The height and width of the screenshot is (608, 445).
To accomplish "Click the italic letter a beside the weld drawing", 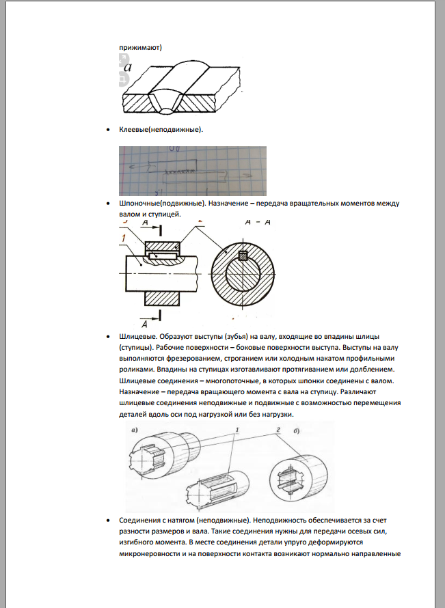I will pos(127,66).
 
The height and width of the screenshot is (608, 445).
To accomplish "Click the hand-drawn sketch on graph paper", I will pos(193,171).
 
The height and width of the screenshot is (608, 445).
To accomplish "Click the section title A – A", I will pos(256,223).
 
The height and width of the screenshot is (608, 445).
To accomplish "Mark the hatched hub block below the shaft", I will pos(163,298).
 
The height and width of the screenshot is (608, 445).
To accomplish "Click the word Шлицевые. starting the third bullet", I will pos(139,337).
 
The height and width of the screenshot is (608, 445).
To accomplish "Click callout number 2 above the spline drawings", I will pos(278,429).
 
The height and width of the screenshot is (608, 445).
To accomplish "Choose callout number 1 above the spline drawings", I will pos(237,429).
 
